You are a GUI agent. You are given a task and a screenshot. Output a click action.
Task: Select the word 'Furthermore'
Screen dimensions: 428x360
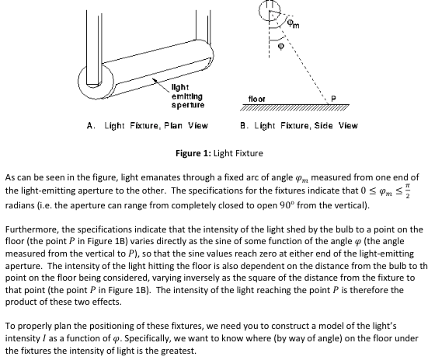click(33, 229)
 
